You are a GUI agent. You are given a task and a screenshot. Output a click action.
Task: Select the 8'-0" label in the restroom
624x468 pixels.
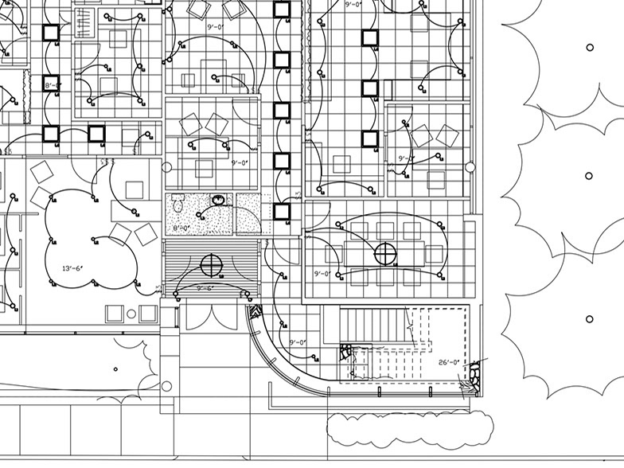click(x=182, y=228)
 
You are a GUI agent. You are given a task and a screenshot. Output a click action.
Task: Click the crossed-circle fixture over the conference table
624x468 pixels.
click(x=385, y=255)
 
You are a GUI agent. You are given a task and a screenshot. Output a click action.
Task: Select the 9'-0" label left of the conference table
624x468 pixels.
click(x=322, y=274)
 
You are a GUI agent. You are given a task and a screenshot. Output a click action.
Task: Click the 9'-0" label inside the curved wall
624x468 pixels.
click(x=298, y=342)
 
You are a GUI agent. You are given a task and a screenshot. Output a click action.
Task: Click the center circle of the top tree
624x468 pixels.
click(x=589, y=48)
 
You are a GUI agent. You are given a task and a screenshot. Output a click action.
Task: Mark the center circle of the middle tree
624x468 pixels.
click(x=589, y=176)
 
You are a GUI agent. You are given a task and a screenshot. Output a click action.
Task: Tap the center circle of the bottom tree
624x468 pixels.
click(x=589, y=319)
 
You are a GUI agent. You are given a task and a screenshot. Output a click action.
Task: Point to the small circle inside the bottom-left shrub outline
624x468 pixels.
click(x=116, y=369)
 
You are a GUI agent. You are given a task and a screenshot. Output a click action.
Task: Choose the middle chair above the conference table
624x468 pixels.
click(x=385, y=231)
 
